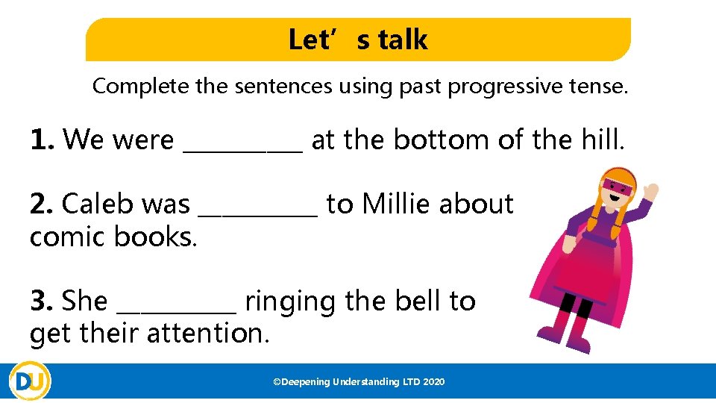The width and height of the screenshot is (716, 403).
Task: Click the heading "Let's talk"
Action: pos(358,40)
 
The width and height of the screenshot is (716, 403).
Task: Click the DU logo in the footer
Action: pos(31,382)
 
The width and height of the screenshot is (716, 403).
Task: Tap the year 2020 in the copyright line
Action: pos(433,382)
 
